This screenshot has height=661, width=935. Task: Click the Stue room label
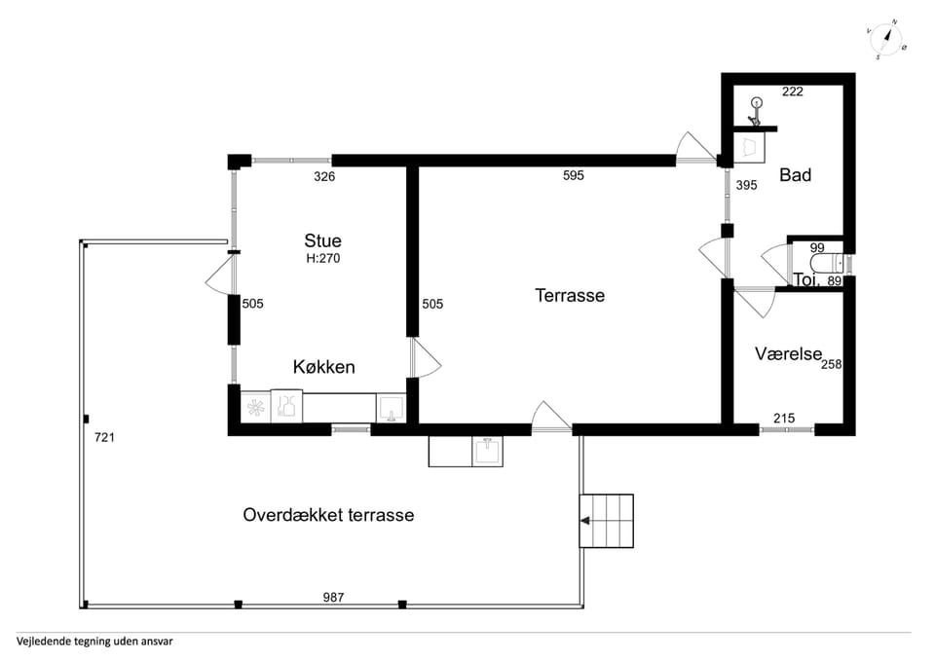click(322, 240)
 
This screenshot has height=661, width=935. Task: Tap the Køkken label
click(323, 367)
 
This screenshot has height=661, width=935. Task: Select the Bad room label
click(796, 175)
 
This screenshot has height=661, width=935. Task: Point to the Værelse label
click(788, 353)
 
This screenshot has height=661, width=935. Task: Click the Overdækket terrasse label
click(328, 515)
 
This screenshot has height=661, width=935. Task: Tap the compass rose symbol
click(886, 39)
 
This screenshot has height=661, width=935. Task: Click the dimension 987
click(333, 597)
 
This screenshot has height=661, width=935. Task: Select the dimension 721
click(104, 437)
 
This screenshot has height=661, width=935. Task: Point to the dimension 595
click(574, 175)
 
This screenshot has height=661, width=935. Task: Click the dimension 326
click(324, 176)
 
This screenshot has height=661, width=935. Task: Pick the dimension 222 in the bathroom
click(793, 92)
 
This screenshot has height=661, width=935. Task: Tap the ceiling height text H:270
click(323, 258)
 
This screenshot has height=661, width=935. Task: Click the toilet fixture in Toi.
click(827, 263)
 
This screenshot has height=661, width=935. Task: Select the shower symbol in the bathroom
click(756, 111)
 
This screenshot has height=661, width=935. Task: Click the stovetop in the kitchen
click(256, 408)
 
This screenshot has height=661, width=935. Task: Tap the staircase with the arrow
click(607, 521)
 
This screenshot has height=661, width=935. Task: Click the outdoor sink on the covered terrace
click(488, 451)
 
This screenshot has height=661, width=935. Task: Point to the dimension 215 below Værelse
click(784, 419)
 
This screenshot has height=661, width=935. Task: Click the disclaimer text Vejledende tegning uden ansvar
click(94, 642)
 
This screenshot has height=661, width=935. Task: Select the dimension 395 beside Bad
click(747, 185)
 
